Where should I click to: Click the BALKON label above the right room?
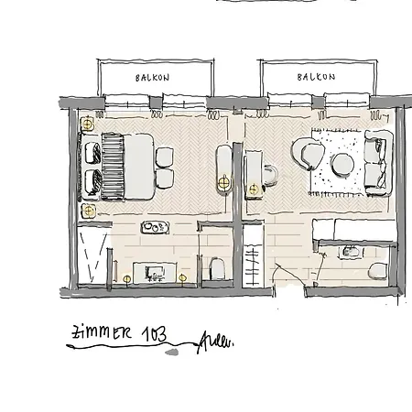317,78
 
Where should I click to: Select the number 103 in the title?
152,335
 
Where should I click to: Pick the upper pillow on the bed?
92,150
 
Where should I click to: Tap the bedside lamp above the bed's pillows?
88,124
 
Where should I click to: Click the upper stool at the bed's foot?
165,156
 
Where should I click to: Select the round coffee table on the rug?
342,164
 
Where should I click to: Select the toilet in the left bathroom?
216,268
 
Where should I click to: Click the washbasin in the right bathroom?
349,249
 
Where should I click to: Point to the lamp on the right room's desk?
225,183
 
